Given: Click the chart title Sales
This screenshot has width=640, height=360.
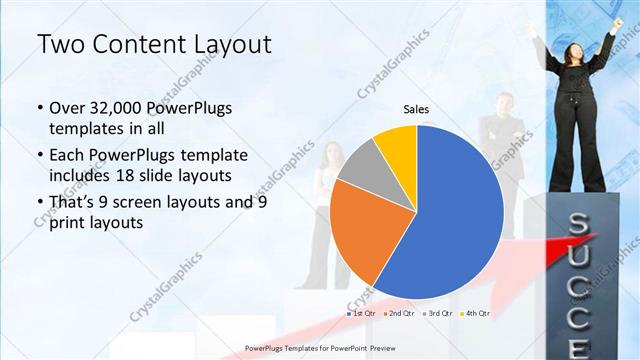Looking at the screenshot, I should [417, 109].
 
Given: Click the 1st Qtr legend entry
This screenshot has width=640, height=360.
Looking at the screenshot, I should [359, 314].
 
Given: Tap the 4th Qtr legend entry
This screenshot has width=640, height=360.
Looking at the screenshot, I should [476, 314].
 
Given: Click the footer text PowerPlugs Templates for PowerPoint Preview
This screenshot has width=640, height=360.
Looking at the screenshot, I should [319, 347].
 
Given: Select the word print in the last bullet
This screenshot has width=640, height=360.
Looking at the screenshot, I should [67, 223].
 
